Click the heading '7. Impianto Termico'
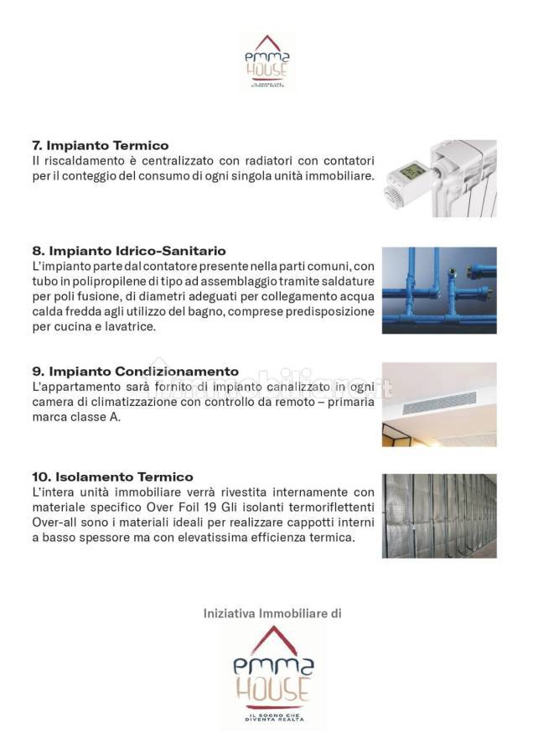coord(100,145)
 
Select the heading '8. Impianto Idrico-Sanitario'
coord(128,251)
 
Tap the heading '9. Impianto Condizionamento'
coord(135,372)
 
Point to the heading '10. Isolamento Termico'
coord(112,477)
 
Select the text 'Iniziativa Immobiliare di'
coord(272,614)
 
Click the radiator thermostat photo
coord(440,178)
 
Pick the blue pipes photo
coord(439,290)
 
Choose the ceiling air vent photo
coord(439,404)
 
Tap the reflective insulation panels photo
coord(439,516)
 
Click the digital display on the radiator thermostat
coord(410,172)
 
